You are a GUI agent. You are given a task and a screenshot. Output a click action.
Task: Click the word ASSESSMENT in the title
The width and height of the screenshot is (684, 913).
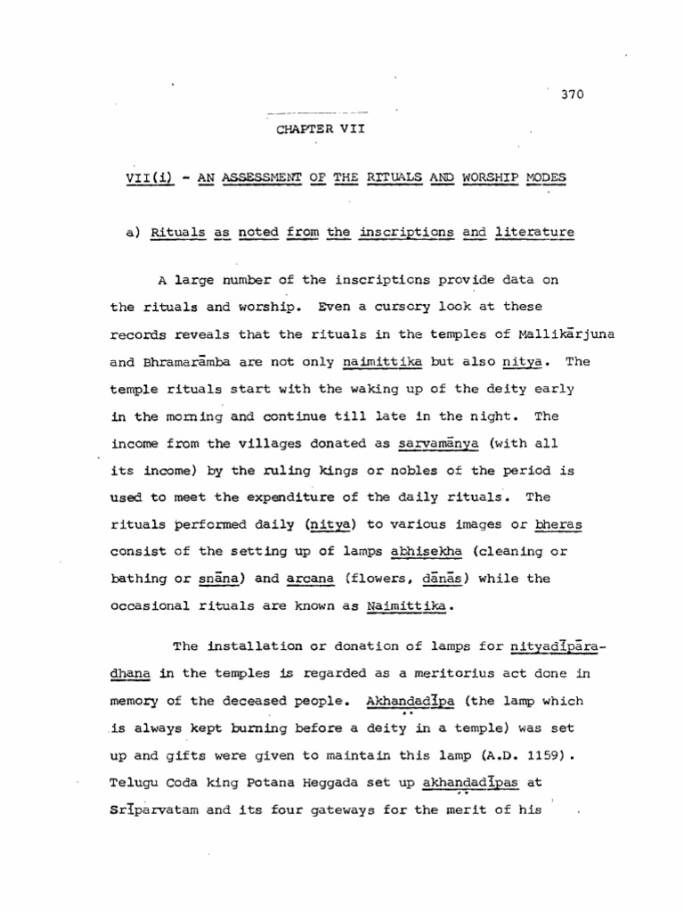265,178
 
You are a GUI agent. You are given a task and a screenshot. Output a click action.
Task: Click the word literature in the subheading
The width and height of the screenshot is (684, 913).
534,234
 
